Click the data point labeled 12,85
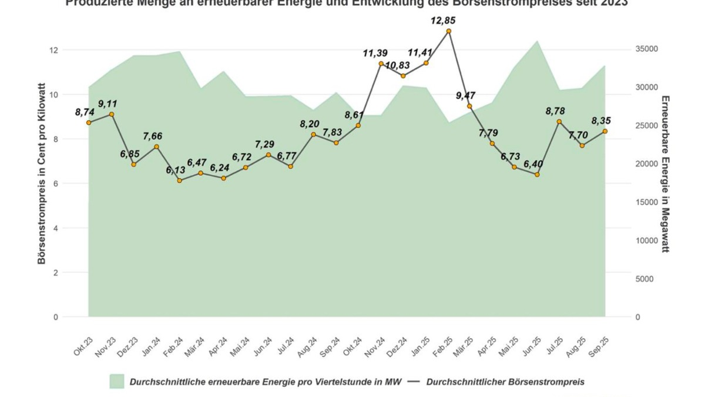click(x=448, y=31)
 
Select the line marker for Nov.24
click(x=381, y=64)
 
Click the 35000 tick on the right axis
click(x=647, y=49)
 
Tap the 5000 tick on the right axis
click(x=644, y=279)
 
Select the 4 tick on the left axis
click(x=56, y=228)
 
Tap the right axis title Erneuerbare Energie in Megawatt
click(x=665, y=174)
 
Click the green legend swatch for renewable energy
click(x=117, y=382)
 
